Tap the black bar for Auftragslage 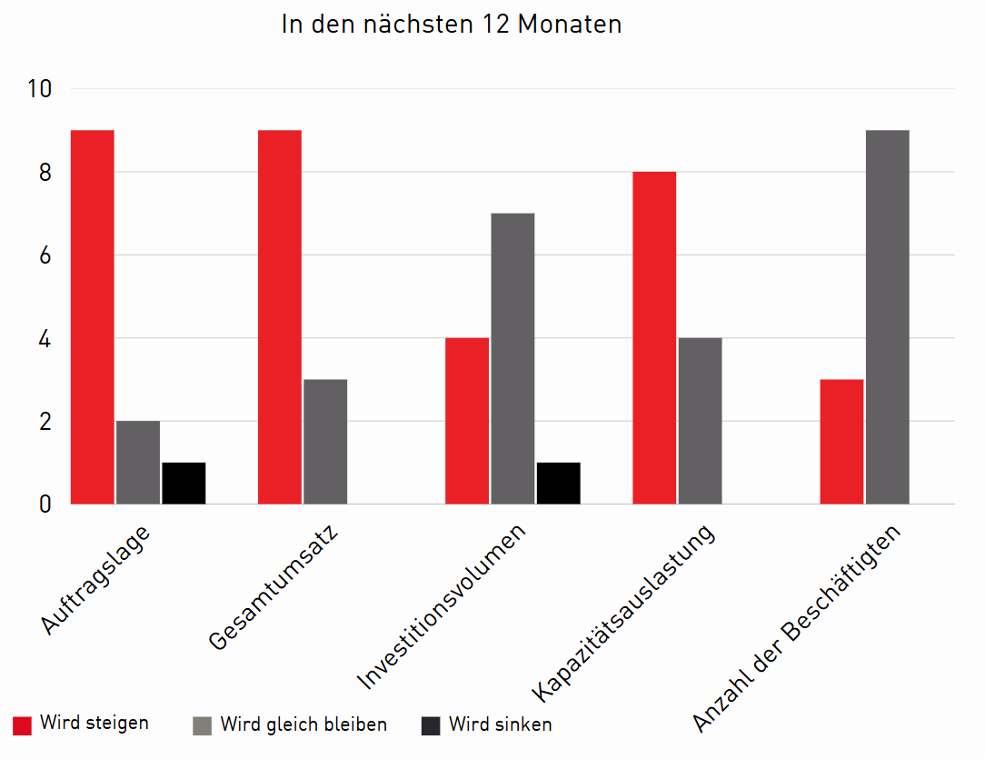tap(184, 483)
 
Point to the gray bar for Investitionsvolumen tap(512, 358)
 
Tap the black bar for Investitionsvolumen tap(558, 483)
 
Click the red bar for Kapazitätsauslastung tap(654, 337)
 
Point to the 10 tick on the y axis tap(41, 89)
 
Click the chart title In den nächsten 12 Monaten tap(452, 24)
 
